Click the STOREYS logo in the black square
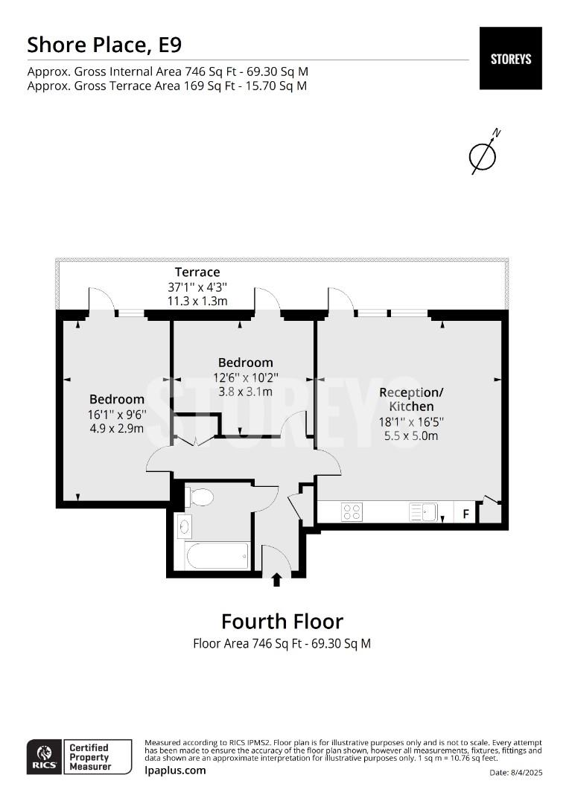pyautogui.click(x=510, y=59)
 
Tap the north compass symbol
pyautogui.click(x=483, y=153)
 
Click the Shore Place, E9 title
pyautogui.click(x=104, y=45)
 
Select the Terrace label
pyautogui.click(x=197, y=272)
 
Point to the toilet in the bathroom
pyautogui.click(x=200, y=497)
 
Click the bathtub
pyautogui.click(x=217, y=555)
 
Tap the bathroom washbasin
pyautogui.click(x=184, y=526)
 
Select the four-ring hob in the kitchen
pyautogui.click(x=352, y=511)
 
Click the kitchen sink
pyautogui.click(x=423, y=511)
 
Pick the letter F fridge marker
pyautogui.click(x=466, y=513)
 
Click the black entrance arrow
pyautogui.click(x=276, y=579)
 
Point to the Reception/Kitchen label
pyautogui.click(x=411, y=400)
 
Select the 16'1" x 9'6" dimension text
pyautogui.click(x=118, y=415)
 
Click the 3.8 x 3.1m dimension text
pyautogui.click(x=245, y=392)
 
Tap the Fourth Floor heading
pyautogui.click(x=282, y=622)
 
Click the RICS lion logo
pyautogui.click(x=45, y=756)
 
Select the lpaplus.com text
pyautogui.click(x=175, y=770)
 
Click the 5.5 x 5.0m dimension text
pyautogui.click(x=411, y=435)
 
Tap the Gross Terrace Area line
pyautogui.click(x=168, y=86)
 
